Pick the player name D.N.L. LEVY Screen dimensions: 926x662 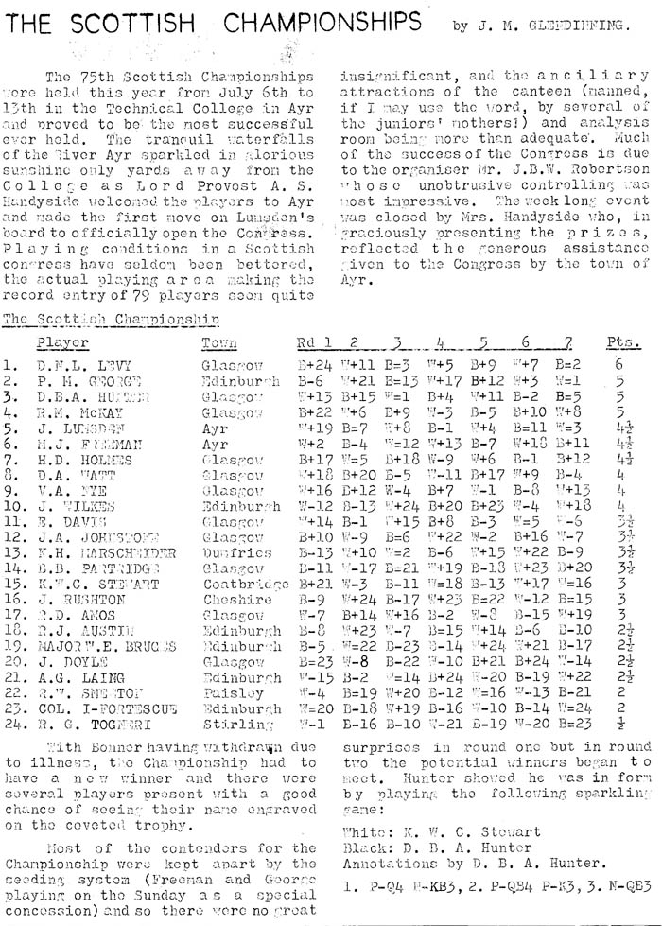coord(73,362)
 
